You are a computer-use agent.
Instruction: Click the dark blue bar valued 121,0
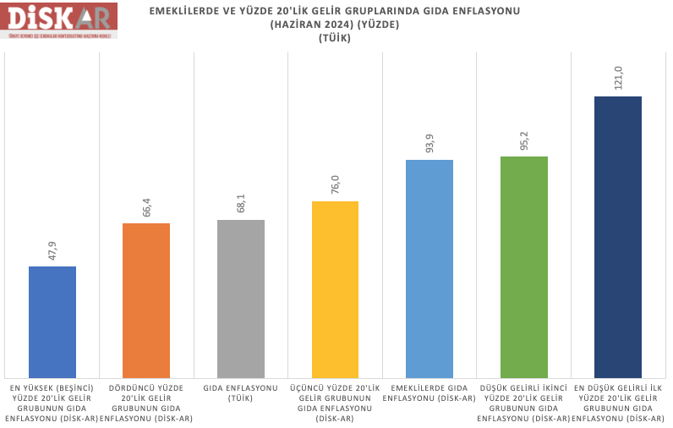pyautogui.click(x=617, y=237)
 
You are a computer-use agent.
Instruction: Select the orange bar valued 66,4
pyautogui.click(x=146, y=300)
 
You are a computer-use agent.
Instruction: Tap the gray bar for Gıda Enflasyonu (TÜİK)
pyautogui.click(x=241, y=299)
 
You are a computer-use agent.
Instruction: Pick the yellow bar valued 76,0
pyautogui.click(x=336, y=289)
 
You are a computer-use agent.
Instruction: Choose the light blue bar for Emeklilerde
pyautogui.click(x=430, y=268)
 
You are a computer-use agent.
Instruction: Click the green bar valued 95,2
pyautogui.click(x=524, y=266)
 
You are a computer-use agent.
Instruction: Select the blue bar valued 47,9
pyautogui.click(x=52, y=321)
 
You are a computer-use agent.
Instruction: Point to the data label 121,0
pyautogui.click(x=618, y=77)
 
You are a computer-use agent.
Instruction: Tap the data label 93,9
pyautogui.click(x=430, y=141)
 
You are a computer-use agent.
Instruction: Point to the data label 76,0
pyautogui.click(x=336, y=183)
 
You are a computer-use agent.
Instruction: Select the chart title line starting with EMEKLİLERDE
pyautogui.click(x=335, y=11)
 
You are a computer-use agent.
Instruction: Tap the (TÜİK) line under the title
pyautogui.click(x=335, y=38)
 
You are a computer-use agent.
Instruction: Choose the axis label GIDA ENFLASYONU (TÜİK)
pyautogui.click(x=241, y=392)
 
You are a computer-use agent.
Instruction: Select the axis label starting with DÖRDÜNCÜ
pyautogui.click(x=146, y=403)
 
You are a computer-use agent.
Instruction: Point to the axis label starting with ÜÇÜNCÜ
pyautogui.click(x=336, y=403)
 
